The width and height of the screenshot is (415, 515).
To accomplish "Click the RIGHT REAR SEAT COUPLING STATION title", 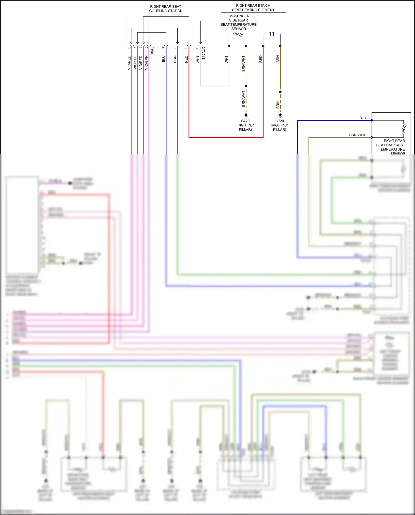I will [166, 9].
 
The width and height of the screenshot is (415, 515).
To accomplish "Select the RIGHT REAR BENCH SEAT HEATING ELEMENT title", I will [253, 8].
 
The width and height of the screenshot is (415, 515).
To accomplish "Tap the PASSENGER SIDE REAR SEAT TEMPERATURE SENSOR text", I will [238, 22].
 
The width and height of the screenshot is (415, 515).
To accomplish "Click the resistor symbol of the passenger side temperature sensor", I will [237, 35].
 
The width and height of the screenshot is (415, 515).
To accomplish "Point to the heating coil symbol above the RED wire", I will [272, 34].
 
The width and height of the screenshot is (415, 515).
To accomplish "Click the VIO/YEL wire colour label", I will [135, 63].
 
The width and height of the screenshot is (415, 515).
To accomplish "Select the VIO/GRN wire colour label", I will [146, 63].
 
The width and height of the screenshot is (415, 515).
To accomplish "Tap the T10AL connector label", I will [152, 52].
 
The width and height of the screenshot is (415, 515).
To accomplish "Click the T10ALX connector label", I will [204, 53].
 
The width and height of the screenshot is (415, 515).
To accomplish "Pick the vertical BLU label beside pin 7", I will [164, 59].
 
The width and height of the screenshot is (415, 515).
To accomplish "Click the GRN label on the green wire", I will [175, 59].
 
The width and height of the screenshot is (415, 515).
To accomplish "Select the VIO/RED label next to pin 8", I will [129, 63].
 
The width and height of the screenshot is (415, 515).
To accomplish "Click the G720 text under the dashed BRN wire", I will [279, 121].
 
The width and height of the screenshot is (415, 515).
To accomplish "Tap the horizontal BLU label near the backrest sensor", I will [362, 118].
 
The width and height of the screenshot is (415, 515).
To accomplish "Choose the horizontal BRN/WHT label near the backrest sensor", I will [357, 135].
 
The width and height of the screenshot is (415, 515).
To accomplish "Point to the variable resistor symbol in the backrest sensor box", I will [404, 129].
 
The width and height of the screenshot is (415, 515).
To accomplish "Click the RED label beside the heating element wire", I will [261, 59].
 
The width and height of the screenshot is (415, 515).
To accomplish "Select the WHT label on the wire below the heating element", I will [226, 59].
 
